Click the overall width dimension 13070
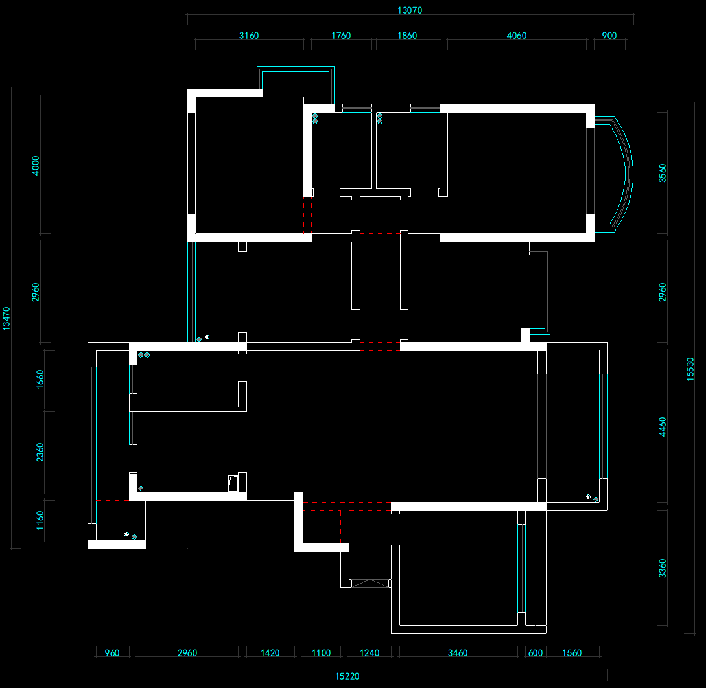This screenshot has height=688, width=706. pos(410,10)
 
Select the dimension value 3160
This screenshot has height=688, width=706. pos(249,36)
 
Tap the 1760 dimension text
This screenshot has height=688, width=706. pos(341,36)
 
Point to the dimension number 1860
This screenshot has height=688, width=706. pos(407,36)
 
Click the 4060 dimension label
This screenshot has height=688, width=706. pos(517,36)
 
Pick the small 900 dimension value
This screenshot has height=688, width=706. pos(609,36)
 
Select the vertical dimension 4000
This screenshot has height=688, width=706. pos(36,166)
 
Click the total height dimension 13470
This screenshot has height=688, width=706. pos(6,319)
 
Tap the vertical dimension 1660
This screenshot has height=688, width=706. pos(40,379)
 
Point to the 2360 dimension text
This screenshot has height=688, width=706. pos(40,452)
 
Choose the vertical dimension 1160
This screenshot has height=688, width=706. pos(40,520)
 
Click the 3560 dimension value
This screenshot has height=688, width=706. pos(663,173)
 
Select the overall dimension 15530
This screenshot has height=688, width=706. pos(690,369)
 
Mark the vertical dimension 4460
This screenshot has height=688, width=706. pos(663,426)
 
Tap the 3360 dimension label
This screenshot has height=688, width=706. pos(663,568)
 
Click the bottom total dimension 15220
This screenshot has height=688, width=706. pos(347,676)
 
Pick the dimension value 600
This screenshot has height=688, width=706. pos(535,653)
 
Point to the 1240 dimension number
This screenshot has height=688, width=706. pos(370,653)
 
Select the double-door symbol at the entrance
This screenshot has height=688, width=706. pos(370,584)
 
